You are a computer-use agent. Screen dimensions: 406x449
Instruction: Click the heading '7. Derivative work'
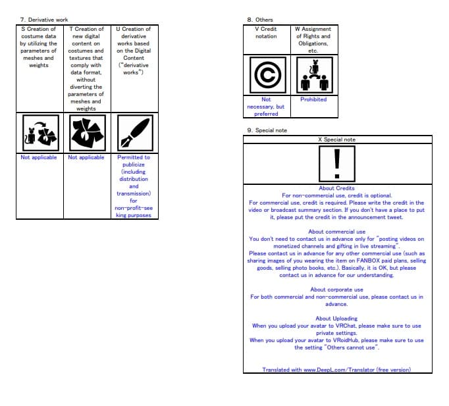point(44,20)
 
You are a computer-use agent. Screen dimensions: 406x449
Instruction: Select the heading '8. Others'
point(259,20)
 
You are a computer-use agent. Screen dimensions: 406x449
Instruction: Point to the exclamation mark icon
point(336,163)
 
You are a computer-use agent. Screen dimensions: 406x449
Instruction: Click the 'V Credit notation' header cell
point(266,33)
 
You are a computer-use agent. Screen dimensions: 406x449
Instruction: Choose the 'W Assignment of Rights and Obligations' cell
point(313,39)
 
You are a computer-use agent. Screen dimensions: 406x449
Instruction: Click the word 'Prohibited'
point(313,99)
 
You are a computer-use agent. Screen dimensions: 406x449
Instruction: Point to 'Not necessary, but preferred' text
point(266,107)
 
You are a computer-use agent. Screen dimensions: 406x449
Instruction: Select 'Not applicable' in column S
point(39,157)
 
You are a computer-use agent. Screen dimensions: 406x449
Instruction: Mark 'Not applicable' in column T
point(86,157)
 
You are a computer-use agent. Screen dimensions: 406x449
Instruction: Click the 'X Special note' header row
point(336,140)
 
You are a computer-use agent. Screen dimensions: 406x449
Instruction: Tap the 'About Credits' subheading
point(336,188)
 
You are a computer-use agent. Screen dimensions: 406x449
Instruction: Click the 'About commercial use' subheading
point(336,232)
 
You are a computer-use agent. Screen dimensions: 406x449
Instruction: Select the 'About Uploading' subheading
point(336,318)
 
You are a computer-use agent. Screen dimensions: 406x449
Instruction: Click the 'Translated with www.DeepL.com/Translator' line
point(336,370)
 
